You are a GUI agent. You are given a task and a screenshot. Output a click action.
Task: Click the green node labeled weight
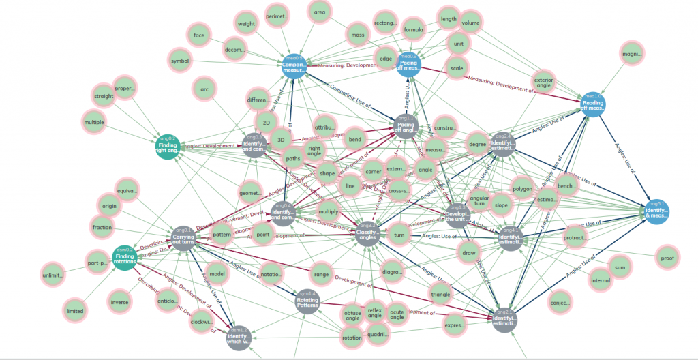(246, 23)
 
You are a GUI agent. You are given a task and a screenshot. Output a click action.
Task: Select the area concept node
(319, 12)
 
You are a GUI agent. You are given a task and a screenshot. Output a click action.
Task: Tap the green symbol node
(180, 61)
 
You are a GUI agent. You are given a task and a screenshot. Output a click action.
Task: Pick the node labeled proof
(667, 258)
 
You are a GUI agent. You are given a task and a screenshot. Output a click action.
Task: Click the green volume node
(471, 21)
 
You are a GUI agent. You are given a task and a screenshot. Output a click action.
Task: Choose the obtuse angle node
(352, 314)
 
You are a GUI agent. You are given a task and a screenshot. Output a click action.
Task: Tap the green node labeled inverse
(119, 301)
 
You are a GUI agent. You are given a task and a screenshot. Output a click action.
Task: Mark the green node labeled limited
(75, 311)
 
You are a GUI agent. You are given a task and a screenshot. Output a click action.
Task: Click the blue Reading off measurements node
(594, 104)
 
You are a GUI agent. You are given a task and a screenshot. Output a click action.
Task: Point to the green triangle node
(437, 294)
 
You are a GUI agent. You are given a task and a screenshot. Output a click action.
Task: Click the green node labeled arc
(204, 89)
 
